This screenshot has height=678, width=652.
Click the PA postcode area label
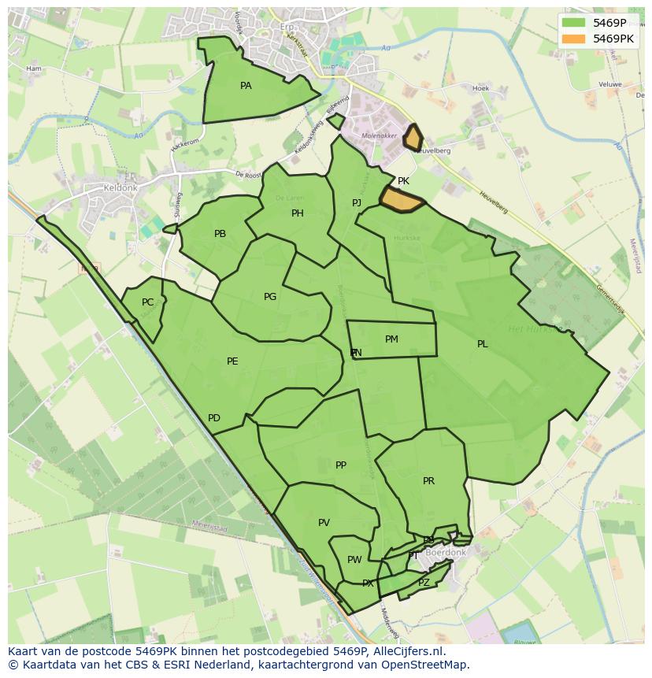(x=246, y=86)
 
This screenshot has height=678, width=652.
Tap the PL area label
(x=482, y=344)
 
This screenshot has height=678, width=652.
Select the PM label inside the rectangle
(x=391, y=339)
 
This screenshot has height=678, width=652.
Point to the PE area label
(x=232, y=361)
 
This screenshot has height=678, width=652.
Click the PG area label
(x=270, y=297)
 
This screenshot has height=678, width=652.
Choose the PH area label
(x=298, y=213)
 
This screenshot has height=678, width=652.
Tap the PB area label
(x=220, y=234)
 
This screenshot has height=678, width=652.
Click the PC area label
(x=148, y=302)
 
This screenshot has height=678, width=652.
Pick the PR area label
(x=428, y=481)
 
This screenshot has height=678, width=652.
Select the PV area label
(x=324, y=523)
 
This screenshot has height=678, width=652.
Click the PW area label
(x=354, y=560)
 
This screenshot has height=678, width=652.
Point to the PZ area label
(x=424, y=583)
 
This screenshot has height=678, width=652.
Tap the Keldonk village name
(x=120, y=189)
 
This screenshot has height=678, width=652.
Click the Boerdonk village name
(x=446, y=553)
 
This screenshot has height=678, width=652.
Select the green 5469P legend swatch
(x=574, y=24)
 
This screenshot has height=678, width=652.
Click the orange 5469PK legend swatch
(x=574, y=38)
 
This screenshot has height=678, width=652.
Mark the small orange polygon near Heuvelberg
(x=412, y=138)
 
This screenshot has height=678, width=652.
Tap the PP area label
(x=341, y=465)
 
